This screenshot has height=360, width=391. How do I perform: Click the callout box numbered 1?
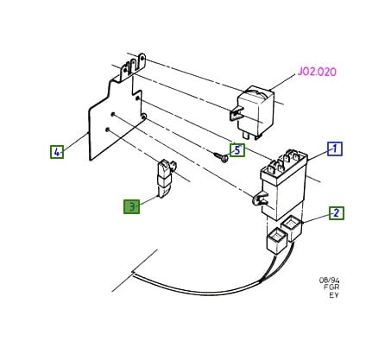pos(335,149)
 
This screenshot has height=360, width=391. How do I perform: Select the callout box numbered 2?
pos(337,213)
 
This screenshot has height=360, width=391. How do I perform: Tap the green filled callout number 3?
pos(132,206)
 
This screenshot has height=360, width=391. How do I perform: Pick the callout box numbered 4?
pos(57,152)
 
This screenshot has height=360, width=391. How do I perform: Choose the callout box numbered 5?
pos(237,150)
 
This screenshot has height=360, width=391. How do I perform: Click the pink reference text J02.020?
pos(317,72)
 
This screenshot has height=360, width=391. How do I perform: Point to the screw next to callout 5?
pos(221,156)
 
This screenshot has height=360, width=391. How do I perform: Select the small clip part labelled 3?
pos(165,179)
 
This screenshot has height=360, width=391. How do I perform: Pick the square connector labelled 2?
pos(293,228)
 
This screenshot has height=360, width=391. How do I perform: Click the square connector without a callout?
pos(277,240)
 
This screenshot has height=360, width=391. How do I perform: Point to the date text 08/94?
pos(329,281)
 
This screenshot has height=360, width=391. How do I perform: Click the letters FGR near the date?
pos(331,287)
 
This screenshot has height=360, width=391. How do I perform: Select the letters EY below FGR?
pos(334,295)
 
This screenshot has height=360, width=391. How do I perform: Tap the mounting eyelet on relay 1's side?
pos(258,199)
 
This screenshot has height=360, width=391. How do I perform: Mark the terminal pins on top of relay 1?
pos(284,161)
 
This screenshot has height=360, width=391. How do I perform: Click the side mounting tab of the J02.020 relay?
pos(236,113)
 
